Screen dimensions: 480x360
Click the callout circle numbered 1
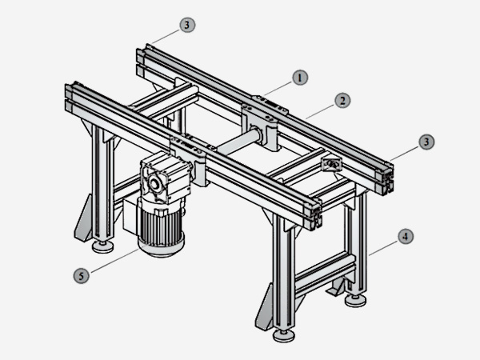click(300, 78)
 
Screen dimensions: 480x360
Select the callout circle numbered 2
click(342, 101)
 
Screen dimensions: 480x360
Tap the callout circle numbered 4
click(406, 236)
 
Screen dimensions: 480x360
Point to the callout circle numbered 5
click(81, 276)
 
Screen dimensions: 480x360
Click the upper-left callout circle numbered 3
click(187, 25)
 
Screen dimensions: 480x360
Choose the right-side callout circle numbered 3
click(426, 142)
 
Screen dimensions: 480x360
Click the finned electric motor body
click(161, 226)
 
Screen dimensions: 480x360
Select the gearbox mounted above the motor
click(165, 177)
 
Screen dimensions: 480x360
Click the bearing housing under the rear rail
click(265, 126)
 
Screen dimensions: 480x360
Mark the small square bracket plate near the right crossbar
click(331, 164)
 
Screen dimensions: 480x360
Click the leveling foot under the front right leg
click(284, 335)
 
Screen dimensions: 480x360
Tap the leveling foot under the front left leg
click(103, 246)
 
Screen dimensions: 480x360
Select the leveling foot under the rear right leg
click(355, 300)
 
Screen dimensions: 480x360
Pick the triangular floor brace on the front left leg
click(83, 218)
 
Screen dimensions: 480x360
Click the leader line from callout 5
click(115, 261)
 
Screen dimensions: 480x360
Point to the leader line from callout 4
click(383, 248)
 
